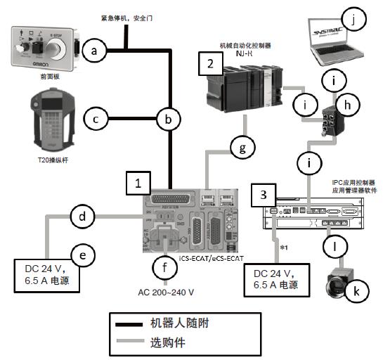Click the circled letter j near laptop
[x=363, y=20]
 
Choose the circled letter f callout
[x=166, y=268]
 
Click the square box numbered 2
[x=210, y=64]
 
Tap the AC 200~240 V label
[x=165, y=291]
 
